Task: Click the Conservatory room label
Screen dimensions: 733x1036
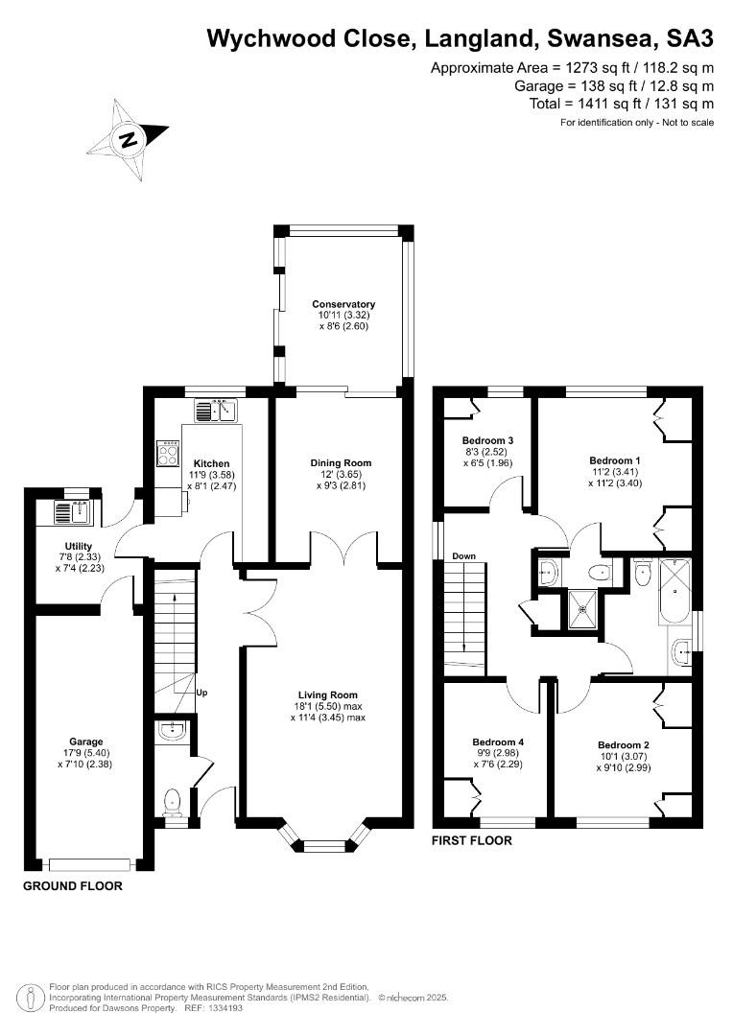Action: [x=343, y=304]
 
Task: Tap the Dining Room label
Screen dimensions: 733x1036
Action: [x=341, y=463]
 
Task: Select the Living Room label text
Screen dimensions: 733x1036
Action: [x=328, y=695]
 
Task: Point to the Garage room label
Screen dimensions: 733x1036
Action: [x=86, y=742]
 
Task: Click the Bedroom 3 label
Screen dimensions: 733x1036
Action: [x=487, y=440]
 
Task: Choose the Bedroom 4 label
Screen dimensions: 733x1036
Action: [x=498, y=742]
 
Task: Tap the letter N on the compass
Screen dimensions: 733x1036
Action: [x=129, y=139]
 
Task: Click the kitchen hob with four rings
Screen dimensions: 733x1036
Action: [x=168, y=453]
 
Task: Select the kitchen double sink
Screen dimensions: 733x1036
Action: [x=216, y=411]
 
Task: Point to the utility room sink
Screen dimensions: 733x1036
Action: [x=72, y=513]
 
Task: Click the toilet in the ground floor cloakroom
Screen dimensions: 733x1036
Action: [x=172, y=801]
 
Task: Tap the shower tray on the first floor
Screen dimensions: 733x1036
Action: [x=583, y=608]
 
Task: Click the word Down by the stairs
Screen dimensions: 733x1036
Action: [x=464, y=556]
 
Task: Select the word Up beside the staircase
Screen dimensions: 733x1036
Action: [x=202, y=693]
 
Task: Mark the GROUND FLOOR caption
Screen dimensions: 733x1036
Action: [x=73, y=886]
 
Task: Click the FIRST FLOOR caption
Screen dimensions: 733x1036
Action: [x=472, y=840]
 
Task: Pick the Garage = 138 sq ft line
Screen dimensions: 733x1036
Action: [x=614, y=86]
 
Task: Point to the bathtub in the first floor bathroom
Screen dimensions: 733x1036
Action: [x=674, y=591]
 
